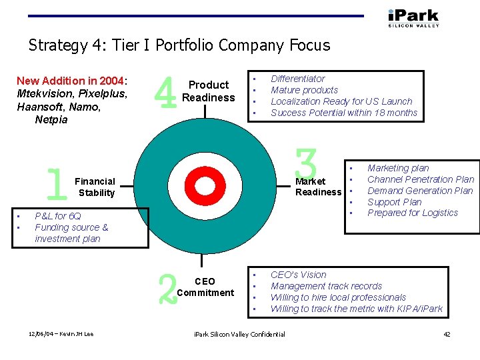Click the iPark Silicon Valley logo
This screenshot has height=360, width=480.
(413, 17)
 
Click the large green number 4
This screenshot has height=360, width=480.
(165, 92)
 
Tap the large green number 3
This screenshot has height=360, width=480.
(307, 163)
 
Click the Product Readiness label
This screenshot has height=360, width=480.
(209, 91)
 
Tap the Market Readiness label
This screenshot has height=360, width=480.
(318, 187)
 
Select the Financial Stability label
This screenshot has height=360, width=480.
(95, 187)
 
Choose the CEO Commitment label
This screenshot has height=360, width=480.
(206, 287)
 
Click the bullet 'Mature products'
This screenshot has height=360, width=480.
(304, 90)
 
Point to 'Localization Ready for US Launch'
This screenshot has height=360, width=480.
(341, 101)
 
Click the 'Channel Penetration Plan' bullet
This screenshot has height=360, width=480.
(421, 179)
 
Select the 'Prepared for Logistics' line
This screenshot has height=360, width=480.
(413, 213)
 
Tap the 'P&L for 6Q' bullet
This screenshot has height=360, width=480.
(57, 216)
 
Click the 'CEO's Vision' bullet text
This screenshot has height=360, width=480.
(298, 275)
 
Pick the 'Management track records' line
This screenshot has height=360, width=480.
(326, 286)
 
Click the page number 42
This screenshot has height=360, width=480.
(447, 334)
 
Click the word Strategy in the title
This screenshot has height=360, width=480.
(58, 45)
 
